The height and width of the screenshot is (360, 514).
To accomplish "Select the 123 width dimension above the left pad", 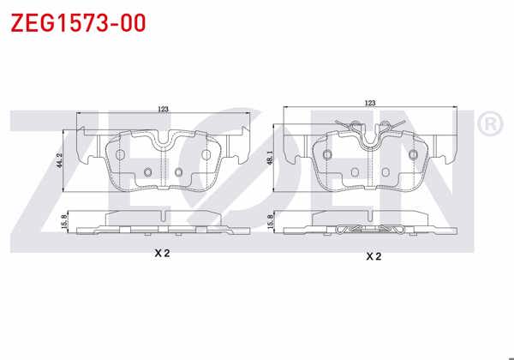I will point(162,109).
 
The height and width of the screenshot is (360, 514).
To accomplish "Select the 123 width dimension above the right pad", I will point(370,103).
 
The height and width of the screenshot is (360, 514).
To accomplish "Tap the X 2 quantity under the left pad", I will point(162,253).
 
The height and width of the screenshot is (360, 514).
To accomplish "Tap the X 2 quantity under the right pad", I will point(373,255).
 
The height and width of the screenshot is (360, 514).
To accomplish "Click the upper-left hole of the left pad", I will point(120,153).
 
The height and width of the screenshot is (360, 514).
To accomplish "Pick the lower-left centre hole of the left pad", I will point(146,174).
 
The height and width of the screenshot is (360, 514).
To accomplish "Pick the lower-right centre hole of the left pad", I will point(178,173).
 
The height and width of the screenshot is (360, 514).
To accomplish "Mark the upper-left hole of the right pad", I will point(327,153).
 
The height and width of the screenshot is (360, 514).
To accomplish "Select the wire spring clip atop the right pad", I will point(370,126).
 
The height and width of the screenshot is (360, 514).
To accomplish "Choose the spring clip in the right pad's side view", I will point(370,229).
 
